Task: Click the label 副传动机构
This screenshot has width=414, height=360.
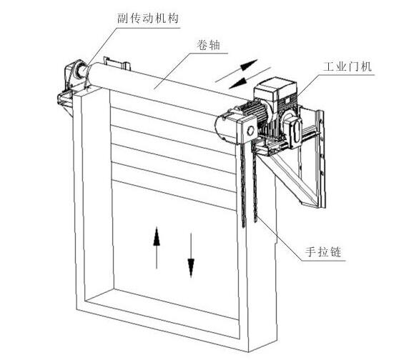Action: [147, 18]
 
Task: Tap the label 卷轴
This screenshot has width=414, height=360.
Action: [208, 45]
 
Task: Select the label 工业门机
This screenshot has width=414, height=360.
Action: [348, 66]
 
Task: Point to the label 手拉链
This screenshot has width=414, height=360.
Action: [323, 251]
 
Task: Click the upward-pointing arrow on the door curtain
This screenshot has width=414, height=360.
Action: [157, 248]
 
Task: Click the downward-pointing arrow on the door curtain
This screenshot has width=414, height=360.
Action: [191, 255]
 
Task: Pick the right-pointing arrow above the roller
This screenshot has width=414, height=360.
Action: [237, 71]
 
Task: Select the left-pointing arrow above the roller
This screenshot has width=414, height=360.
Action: [250, 78]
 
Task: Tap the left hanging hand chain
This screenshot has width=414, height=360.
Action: [243, 184]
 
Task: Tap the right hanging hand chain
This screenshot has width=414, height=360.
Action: [255, 182]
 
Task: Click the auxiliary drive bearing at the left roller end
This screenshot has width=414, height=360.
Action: [79, 71]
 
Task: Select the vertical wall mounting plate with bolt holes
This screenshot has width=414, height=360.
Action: [321, 159]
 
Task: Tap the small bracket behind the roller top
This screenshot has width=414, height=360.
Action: [117, 64]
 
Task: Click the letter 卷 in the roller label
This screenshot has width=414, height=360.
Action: [202, 45]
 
